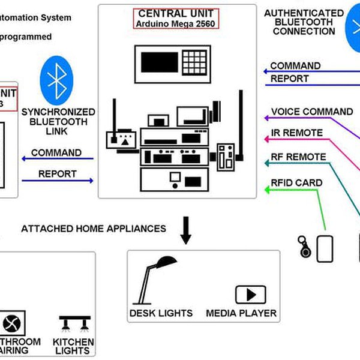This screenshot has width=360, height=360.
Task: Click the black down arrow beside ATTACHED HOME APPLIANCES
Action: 186,231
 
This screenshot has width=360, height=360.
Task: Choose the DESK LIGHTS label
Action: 161,313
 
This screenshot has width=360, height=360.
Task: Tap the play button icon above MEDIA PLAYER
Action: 250,295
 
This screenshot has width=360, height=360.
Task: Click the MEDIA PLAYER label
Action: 241,313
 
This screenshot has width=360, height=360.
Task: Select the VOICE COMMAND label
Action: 312,112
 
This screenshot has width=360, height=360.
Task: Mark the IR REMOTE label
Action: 297,133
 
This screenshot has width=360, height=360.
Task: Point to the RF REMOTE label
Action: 298,157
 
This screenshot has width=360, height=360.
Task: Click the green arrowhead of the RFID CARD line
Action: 268,191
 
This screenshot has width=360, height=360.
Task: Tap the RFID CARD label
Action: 296,183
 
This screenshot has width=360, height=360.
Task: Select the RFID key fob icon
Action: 305,247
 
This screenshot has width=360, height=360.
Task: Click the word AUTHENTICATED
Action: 304,13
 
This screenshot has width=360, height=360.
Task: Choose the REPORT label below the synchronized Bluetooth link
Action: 58,174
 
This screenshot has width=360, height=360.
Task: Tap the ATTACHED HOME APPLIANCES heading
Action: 94,229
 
